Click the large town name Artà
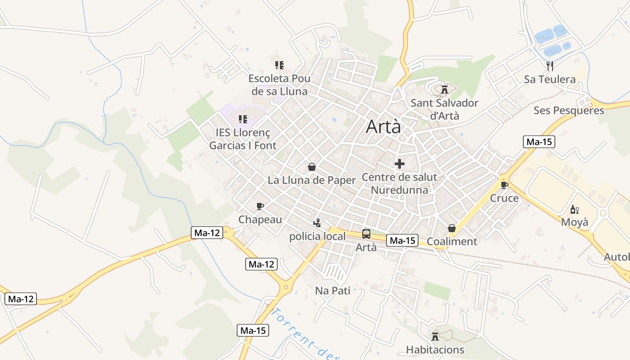coord(383,126)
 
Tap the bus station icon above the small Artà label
coord(366,234)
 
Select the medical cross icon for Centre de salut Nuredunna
coord(399,164)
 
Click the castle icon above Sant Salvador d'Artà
coord(445,89)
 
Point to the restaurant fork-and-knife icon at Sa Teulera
coord(549,66)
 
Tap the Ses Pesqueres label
coord(569,110)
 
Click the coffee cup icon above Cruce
coord(504,184)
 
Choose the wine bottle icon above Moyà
coord(574,209)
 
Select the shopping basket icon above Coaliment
coord(452,229)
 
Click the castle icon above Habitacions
coord(435,336)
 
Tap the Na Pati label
coord(333,290)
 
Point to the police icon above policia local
coord(317,223)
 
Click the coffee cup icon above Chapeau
coord(260,206)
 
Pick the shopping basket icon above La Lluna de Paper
coord(311,167)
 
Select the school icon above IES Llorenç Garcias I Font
coord(243,119)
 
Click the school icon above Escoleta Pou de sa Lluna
coord(279,65)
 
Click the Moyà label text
coord(574,222)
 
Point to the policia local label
coord(317,236)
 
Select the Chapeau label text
coord(260,219)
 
